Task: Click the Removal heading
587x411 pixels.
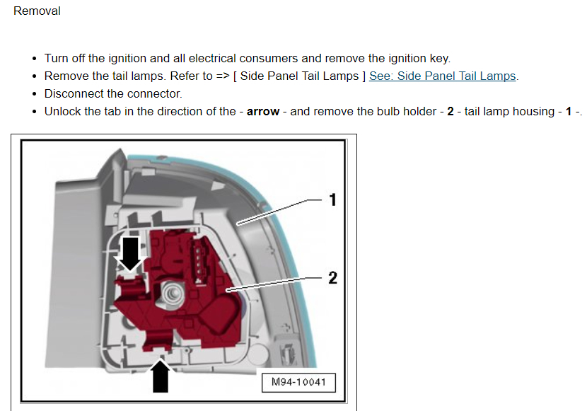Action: (37, 11)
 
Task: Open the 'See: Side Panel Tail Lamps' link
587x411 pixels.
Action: (442, 76)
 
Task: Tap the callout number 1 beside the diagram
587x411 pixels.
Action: (332, 200)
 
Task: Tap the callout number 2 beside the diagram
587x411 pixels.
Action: (332, 278)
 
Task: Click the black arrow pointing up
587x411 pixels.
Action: (161, 374)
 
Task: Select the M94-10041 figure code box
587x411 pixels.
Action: (298, 383)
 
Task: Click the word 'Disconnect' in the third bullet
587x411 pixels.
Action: (74, 93)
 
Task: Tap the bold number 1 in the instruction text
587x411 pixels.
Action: (568, 111)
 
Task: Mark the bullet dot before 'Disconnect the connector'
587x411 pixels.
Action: (35, 94)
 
